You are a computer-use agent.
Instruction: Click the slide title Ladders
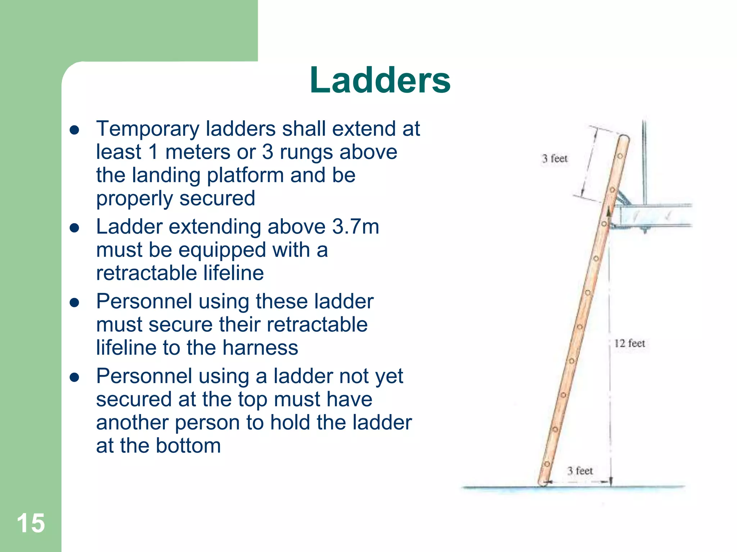tap(380, 80)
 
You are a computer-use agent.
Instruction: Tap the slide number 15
tap(31, 523)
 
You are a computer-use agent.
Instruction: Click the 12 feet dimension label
tap(629, 343)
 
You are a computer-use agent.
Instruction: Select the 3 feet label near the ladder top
tap(555, 158)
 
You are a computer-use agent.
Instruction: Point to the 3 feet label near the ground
tap(580, 471)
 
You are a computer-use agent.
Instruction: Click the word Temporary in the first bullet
tap(148, 129)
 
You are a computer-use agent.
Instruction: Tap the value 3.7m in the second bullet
tap(356, 227)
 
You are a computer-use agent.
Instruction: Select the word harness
tap(260, 348)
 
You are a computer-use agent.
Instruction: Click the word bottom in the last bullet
tap(188, 446)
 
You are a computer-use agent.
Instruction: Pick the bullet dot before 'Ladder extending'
tap(74, 228)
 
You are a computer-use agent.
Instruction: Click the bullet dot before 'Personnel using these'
tap(74, 303)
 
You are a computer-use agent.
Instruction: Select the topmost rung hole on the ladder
tap(620, 156)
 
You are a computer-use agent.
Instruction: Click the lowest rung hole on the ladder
tap(547, 464)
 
